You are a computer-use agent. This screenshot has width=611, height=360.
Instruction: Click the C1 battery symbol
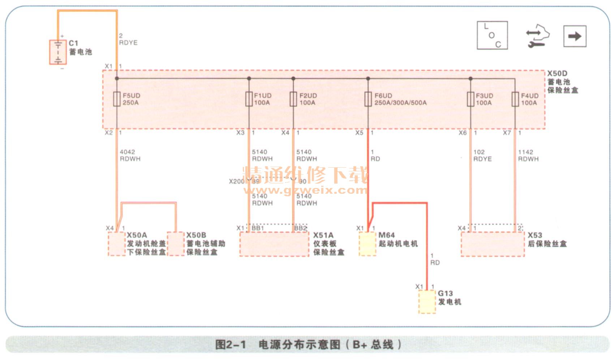click(58, 52)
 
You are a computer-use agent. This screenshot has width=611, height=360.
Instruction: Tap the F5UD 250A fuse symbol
click(116, 99)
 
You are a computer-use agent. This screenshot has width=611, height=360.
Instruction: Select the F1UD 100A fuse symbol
click(249, 99)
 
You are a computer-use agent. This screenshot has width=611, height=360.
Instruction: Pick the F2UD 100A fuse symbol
click(293, 99)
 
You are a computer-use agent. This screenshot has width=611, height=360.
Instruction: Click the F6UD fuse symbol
click(368, 99)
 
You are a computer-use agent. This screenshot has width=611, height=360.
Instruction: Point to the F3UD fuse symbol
click(470, 99)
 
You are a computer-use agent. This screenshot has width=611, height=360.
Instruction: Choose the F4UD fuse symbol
click(515, 99)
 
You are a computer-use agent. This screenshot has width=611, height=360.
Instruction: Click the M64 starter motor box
click(367, 244)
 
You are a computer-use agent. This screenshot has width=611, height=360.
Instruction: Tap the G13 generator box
click(427, 301)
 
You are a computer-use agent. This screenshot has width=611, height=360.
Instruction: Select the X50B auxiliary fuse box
click(176, 244)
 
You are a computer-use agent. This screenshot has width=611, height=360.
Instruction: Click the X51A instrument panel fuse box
click(274, 244)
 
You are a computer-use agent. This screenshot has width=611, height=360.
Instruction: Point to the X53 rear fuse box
click(492, 244)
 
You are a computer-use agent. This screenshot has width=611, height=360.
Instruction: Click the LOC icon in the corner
click(492, 35)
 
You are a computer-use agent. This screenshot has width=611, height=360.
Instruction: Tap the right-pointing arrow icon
click(575, 36)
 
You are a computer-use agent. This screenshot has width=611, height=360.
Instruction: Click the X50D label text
click(557, 74)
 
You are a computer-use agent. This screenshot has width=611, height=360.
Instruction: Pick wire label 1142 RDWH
click(528, 155)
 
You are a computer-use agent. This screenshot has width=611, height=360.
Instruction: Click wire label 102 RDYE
click(482, 155)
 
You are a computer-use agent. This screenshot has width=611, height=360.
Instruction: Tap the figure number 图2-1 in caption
click(230, 345)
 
